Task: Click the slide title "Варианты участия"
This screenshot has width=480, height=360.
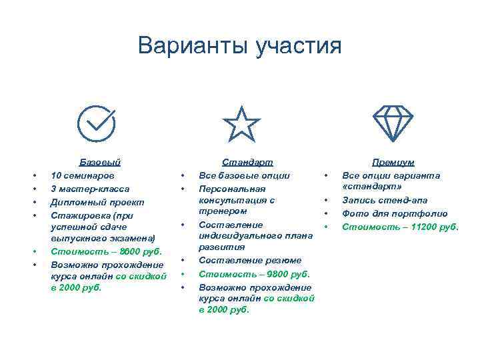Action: [x=239, y=46]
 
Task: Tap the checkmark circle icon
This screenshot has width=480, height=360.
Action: [x=96, y=123]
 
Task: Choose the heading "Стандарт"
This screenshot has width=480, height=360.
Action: [x=248, y=162]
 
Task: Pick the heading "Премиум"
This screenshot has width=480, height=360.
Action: [x=393, y=162]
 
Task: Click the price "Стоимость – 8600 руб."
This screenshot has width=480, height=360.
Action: [x=106, y=251]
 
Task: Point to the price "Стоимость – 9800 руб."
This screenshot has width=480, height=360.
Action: [x=254, y=273]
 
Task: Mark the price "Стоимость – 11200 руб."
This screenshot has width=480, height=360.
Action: [x=400, y=227]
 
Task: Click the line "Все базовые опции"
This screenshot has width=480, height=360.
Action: [x=244, y=175]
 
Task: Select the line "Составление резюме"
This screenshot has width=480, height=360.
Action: [x=250, y=260]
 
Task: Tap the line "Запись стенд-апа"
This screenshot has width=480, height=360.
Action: [x=385, y=200]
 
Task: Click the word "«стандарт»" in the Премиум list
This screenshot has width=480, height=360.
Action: [x=367, y=187]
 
